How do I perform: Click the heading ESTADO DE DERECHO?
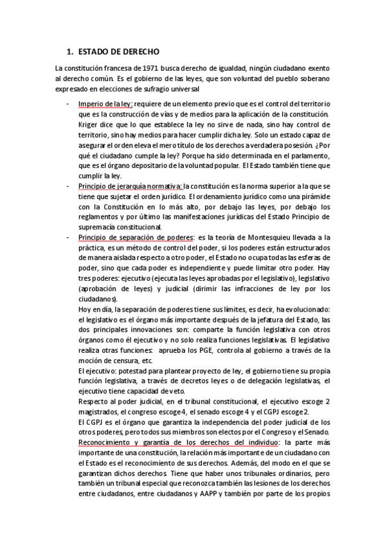point(118,51)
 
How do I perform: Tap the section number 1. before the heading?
point(70,51)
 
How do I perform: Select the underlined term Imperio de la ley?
point(105,104)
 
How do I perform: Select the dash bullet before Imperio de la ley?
point(67,104)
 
